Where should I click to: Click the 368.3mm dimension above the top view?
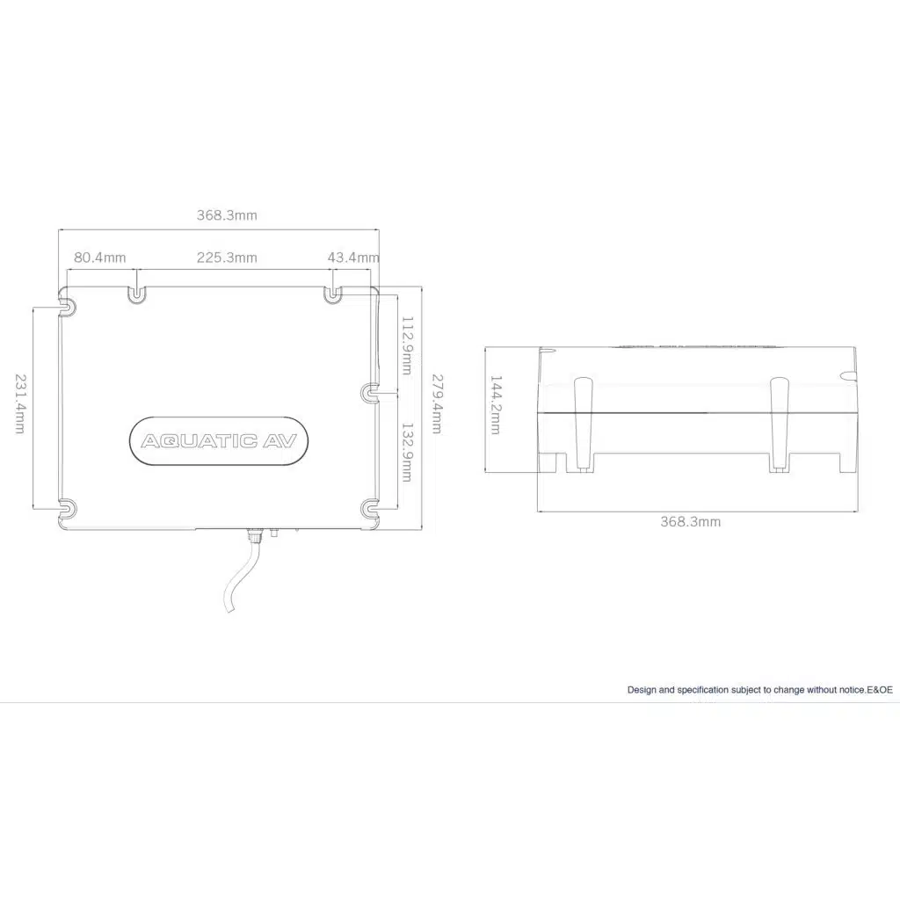coord(227,215)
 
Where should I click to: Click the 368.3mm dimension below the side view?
coord(690,522)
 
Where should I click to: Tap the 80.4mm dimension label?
coord(100,258)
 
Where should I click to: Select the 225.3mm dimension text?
coord(227,258)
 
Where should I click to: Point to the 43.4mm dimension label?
coord(353,258)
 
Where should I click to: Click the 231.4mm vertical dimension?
coord(20,403)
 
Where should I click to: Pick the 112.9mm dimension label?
coord(407,345)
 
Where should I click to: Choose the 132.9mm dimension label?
coord(407,453)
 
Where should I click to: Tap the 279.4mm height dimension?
coord(437,403)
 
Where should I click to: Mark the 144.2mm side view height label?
coord(496,404)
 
